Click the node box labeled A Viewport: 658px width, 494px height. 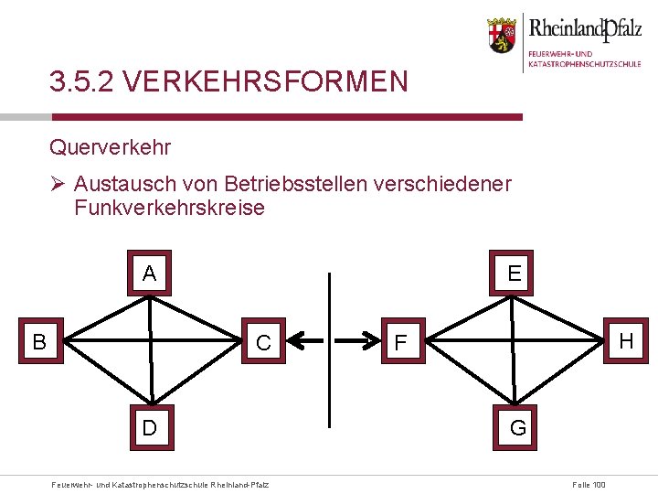click(x=150, y=273)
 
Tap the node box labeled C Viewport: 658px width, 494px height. click(x=264, y=342)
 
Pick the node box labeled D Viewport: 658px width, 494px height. click(x=150, y=426)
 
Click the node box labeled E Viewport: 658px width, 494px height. click(x=515, y=273)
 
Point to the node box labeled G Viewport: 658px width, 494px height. click(x=517, y=426)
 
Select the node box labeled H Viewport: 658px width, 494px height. click(x=625, y=340)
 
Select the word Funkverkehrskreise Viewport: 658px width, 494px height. click(x=169, y=208)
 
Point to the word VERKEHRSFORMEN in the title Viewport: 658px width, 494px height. click(x=264, y=83)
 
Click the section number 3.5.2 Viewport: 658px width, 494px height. click(x=80, y=83)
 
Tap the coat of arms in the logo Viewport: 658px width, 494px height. click(x=501, y=34)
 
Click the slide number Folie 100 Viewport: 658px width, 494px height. click(x=588, y=484)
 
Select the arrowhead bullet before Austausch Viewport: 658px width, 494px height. click(x=58, y=184)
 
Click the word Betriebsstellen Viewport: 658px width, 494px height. click(x=289, y=184)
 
